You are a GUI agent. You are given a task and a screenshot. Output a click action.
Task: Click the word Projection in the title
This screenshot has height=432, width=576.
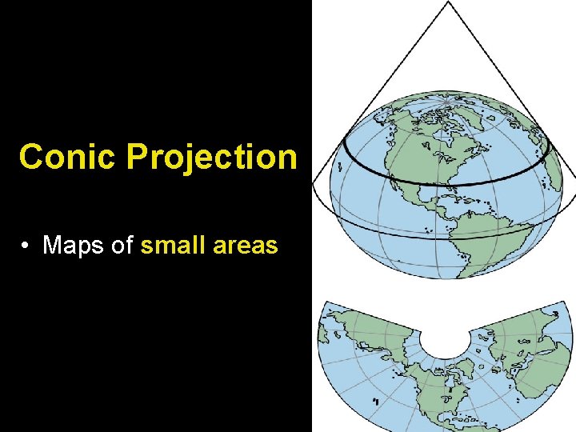pos(211,158)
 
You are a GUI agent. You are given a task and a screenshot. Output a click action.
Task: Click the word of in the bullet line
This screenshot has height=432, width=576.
pos(122,245)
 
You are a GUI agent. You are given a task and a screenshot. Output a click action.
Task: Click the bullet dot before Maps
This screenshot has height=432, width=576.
pos(28,246)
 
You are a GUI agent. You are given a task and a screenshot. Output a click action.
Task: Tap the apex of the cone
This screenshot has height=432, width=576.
pos(449,3)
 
